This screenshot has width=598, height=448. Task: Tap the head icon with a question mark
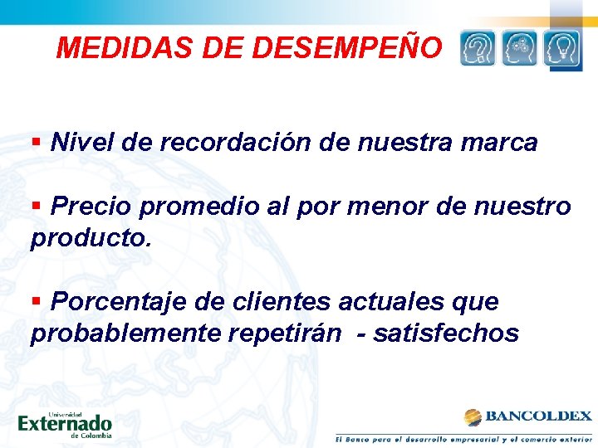point(478,48)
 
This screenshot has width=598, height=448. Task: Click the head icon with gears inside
point(520,48)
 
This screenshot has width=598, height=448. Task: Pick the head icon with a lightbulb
point(561,48)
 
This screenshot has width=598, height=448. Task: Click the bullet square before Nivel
point(36,141)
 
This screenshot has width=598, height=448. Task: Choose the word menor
point(391,206)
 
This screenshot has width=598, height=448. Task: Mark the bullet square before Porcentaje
point(36,300)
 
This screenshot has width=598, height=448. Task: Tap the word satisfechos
point(446,334)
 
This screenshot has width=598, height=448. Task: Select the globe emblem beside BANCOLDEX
point(473,416)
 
